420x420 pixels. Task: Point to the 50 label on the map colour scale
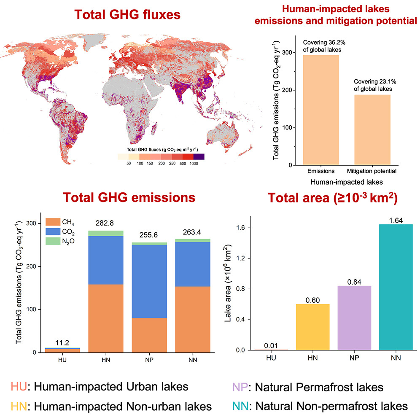(x=128, y=163)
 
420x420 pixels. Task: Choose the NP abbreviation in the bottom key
(x=239, y=388)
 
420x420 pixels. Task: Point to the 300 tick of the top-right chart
(x=291, y=53)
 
